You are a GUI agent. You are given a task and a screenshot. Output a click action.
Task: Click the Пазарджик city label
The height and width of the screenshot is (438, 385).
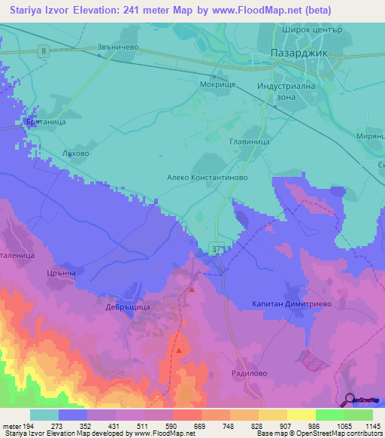298,54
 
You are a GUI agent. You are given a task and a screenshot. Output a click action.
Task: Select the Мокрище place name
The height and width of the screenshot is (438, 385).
218,85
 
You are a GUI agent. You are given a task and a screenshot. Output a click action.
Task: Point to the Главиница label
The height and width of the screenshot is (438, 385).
249,140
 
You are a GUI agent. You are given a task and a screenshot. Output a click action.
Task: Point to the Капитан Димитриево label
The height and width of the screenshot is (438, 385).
287,304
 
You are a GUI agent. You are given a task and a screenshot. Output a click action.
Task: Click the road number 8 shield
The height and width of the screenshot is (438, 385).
44,50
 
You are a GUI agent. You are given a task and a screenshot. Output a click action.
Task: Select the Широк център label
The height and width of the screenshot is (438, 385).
313,30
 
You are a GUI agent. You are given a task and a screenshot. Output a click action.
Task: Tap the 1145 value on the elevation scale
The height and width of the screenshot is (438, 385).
373,426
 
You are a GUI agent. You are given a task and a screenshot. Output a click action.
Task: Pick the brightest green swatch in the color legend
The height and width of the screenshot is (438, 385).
359,415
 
